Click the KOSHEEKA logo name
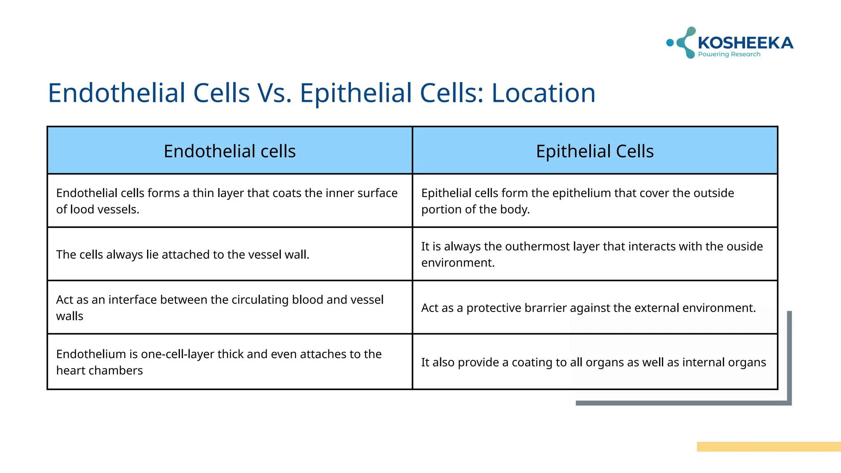(x=745, y=43)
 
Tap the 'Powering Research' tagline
(x=729, y=54)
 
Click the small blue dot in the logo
(x=670, y=42)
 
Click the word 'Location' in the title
(x=543, y=93)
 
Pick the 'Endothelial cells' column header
(x=230, y=151)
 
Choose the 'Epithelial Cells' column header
(x=595, y=151)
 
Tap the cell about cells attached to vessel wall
(x=183, y=255)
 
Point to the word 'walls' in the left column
(x=69, y=316)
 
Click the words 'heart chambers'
(x=99, y=370)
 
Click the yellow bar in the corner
(x=768, y=447)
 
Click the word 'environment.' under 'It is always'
(x=458, y=263)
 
